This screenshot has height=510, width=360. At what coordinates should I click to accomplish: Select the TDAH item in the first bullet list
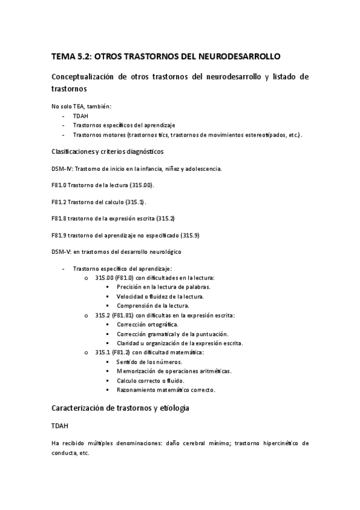81,115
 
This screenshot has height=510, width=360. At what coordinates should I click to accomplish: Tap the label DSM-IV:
62,168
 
